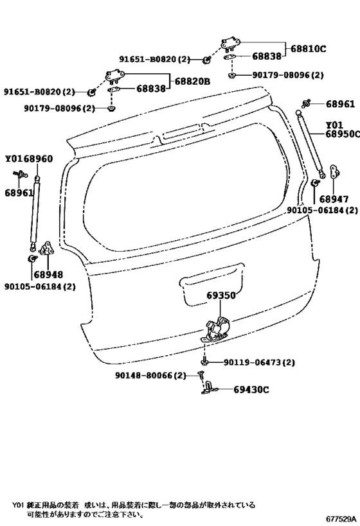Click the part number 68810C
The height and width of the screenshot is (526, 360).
(x=309, y=49)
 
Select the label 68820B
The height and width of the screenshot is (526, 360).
(x=192, y=81)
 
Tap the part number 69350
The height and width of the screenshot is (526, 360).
(x=221, y=295)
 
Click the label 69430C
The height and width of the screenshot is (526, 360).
(x=251, y=390)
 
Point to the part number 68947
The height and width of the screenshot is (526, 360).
(x=334, y=199)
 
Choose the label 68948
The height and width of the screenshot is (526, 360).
(x=48, y=275)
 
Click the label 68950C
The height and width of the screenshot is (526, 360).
(x=342, y=134)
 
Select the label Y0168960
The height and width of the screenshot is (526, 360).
(x=29, y=159)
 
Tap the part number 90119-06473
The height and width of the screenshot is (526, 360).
(x=252, y=362)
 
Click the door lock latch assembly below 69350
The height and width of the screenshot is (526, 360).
(x=217, y=329)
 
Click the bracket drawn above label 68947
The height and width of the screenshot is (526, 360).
(x=334, y=171)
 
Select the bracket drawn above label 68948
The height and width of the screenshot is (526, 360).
(x=46, y=248)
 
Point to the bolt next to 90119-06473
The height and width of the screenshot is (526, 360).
(x=204, y=362)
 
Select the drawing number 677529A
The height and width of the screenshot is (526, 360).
(x=341, y=519)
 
